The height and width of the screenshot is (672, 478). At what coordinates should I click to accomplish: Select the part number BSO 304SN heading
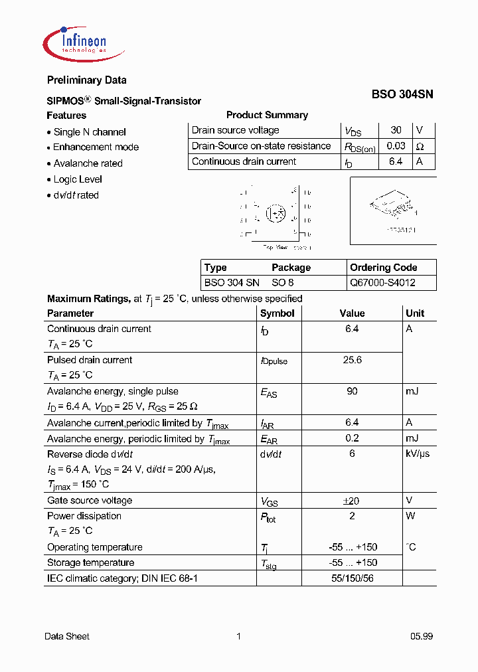[402, 95]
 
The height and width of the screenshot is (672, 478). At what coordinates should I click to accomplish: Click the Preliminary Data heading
[86, 80]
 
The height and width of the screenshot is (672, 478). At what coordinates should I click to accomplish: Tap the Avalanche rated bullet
[88, 163]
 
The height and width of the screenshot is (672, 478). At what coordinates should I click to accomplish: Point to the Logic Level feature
[78, 179]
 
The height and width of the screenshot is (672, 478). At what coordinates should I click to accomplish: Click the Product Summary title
[267, 115]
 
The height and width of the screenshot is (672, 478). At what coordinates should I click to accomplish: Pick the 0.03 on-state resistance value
[396, 146]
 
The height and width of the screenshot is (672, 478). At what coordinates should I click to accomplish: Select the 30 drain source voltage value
[396, 131]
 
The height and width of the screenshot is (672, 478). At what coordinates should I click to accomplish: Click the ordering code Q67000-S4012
[384, 282]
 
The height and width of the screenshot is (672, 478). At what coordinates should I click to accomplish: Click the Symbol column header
[278, 313]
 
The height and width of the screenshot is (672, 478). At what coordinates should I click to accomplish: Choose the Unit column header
[415, 313]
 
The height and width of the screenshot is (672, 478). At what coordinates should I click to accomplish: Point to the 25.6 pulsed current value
[352, 360]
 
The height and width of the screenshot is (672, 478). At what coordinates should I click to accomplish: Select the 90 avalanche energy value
[352, 391]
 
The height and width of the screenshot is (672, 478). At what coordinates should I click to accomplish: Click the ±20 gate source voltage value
[352, 501]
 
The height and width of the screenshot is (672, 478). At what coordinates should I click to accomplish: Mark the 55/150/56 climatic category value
[352, 578]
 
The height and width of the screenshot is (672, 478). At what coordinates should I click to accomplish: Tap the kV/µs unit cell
[418, 454]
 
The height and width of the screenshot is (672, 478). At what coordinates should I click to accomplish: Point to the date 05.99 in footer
[421, 636]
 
